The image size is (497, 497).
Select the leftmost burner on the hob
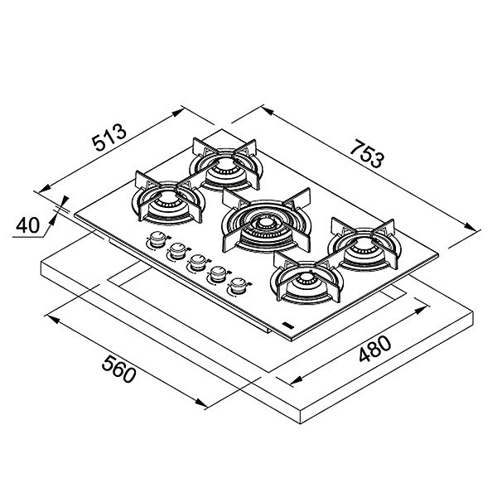coord(166,200)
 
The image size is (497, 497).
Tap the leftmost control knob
coord(156,241)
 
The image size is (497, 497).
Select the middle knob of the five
coord(197,263)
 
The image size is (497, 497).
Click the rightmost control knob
coord(239,287)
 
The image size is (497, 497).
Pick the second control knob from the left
coord(176,252)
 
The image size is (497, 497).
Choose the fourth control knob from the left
coord(219,274)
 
